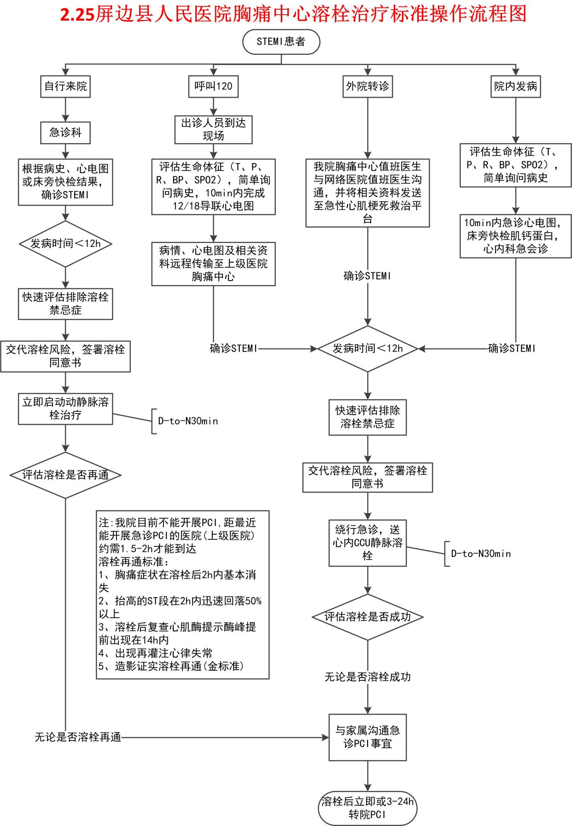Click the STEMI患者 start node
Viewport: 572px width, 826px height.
pos(281,42)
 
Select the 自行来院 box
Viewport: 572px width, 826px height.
pos(65,86)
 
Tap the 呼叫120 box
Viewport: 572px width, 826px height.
pos(213,86)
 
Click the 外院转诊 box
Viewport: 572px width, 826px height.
pos(367,86)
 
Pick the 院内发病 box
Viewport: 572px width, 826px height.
pos(515,86)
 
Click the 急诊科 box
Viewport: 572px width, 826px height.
pos(65,133)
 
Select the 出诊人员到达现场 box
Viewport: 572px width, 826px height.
pos(213,129)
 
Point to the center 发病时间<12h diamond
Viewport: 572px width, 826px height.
pos(368,349)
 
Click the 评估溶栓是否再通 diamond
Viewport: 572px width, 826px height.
pos(65,475)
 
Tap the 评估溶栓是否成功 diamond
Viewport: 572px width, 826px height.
pos(368,617)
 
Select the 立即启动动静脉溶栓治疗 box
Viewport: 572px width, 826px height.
pos(65,409)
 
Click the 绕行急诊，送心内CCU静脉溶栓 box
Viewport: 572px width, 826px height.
pos(368,543)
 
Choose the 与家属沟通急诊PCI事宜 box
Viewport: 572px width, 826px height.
pos(368,737)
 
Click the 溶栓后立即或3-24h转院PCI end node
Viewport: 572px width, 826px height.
pos(368,808)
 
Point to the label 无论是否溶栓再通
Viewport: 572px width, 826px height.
pos(78,738)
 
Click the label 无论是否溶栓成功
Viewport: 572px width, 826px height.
pos(368,677)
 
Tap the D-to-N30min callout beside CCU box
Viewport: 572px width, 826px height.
pos(481,554)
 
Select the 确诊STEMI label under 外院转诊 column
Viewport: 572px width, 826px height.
pos(368,276)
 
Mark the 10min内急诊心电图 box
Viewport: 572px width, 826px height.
pos(515,236)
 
